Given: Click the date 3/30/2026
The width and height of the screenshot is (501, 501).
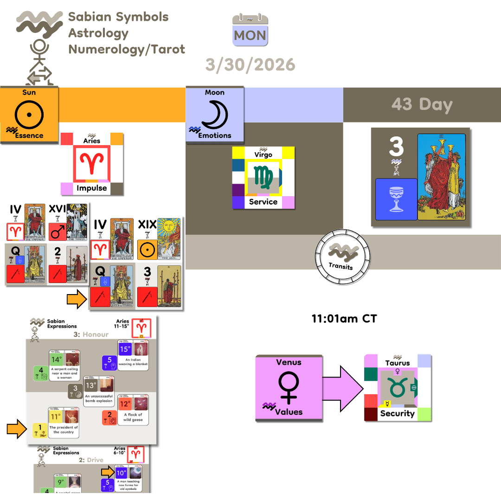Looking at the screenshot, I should tap(250, 64).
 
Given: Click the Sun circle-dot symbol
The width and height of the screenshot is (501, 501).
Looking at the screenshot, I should tap(29, 113).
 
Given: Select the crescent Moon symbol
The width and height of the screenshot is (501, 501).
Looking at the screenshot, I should tap(215, 113).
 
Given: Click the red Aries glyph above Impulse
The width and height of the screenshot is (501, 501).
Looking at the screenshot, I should tap(91, 163).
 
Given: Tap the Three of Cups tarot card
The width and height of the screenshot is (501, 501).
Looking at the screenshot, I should tap(441, 176).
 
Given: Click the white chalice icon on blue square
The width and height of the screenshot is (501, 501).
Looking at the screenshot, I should tap(396, 199).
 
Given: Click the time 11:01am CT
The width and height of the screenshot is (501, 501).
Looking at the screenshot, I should tap(344, 319).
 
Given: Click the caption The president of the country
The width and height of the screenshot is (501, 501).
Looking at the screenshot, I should tap(64, 430).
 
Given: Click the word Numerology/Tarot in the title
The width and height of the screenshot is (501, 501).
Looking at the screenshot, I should tap(127, 49).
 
